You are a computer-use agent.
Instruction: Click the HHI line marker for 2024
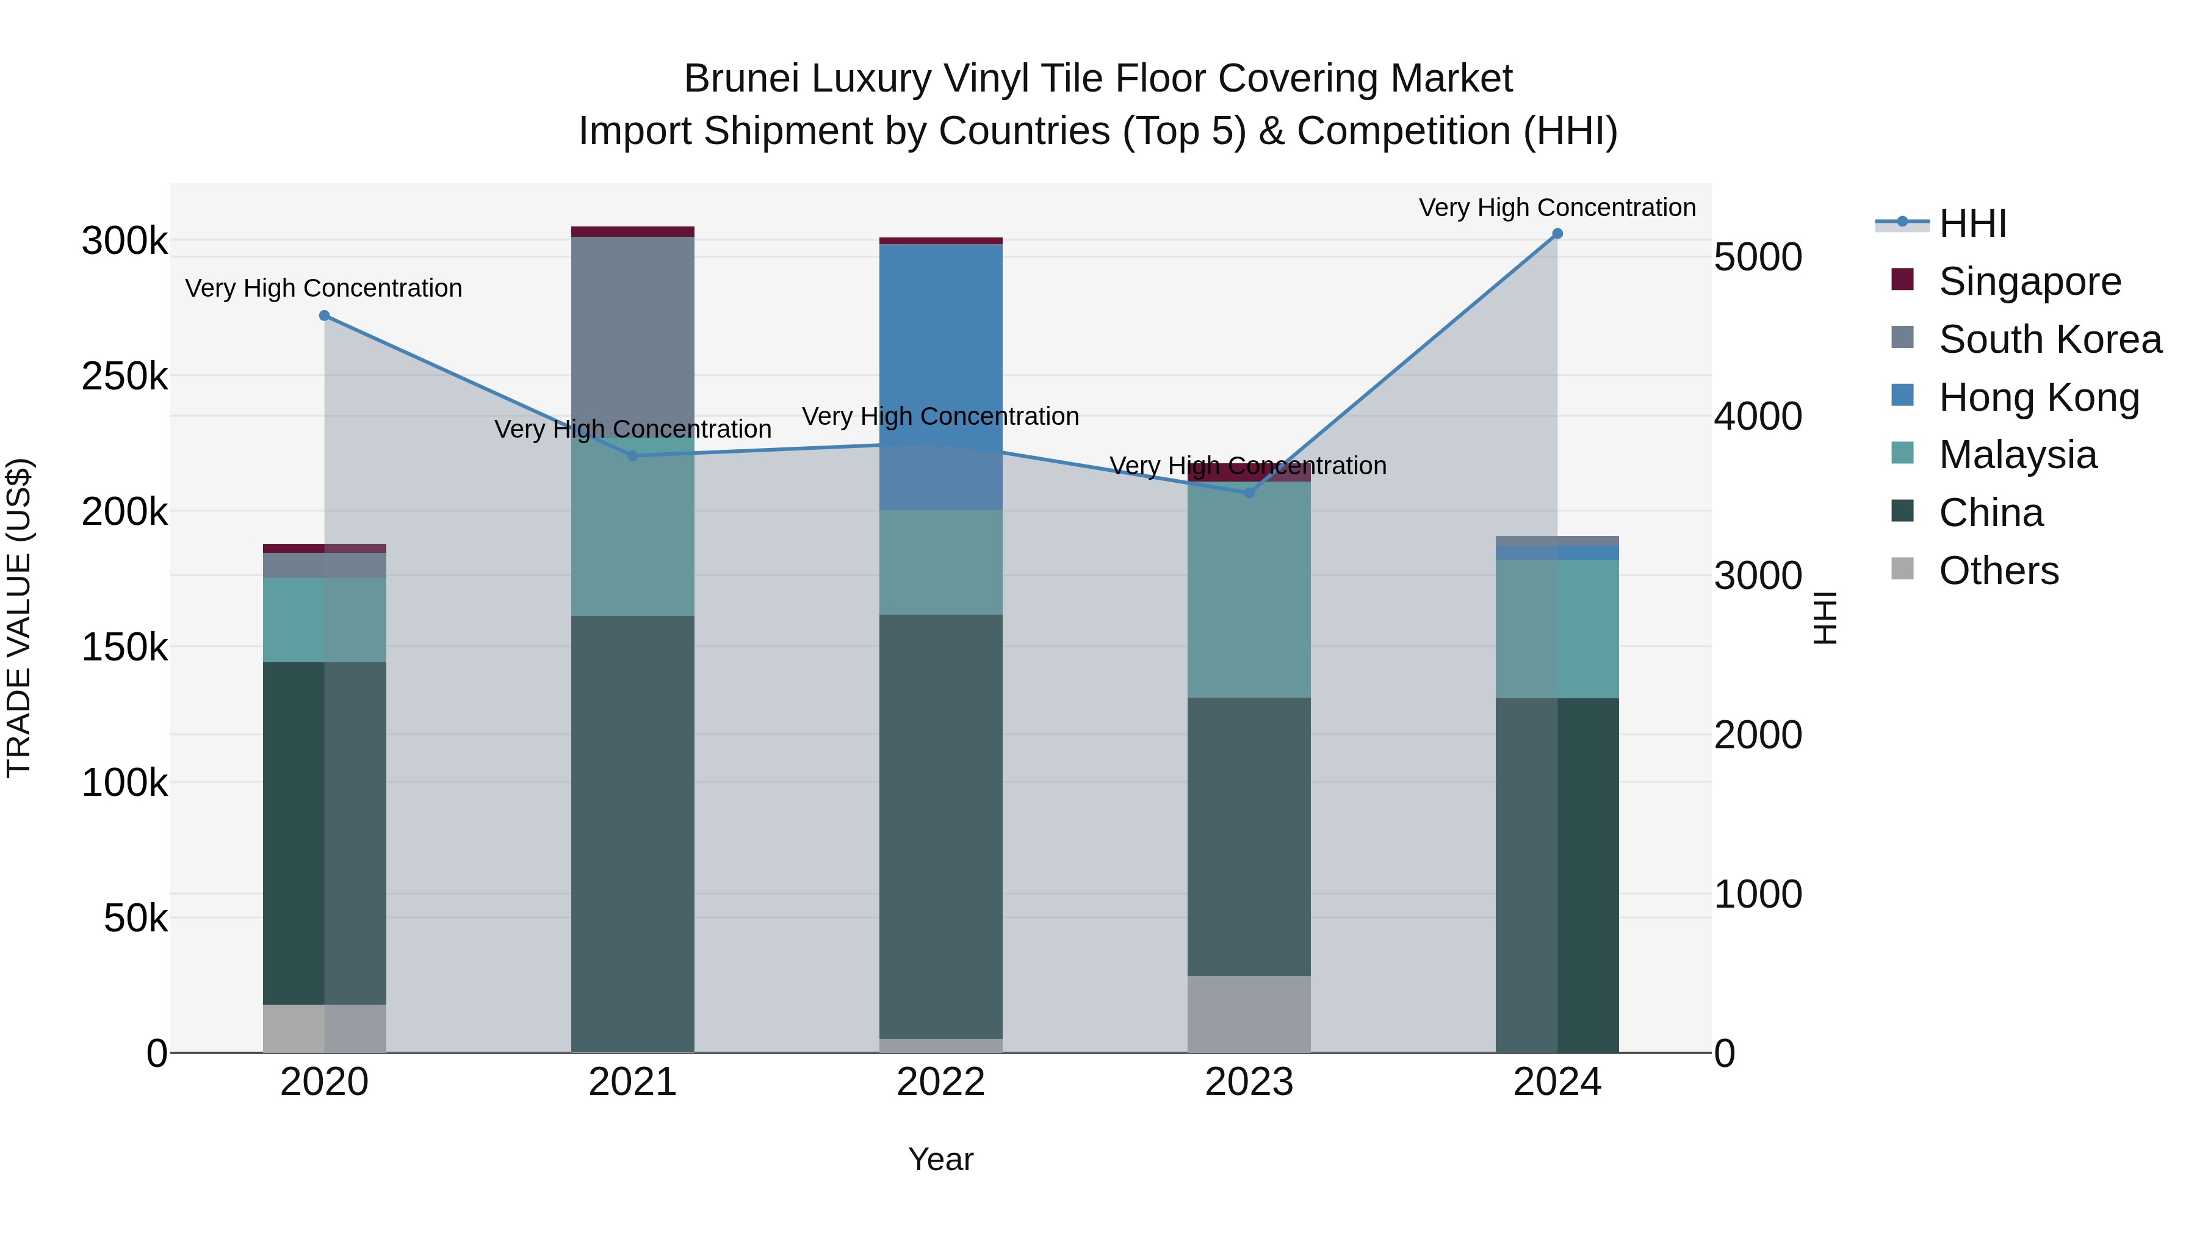tap(1557, 234)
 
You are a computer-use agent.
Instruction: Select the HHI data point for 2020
tap(324, 316)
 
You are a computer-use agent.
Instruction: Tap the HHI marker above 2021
tap(633, 455)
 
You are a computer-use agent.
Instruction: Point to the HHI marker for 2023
tap(1249, 492)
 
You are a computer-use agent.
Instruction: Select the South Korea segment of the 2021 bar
tap(633, 333)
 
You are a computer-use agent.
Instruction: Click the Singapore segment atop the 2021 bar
tap(633, 232)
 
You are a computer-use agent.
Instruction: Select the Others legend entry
tap(1998, 571)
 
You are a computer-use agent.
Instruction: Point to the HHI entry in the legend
tap(1972, 223)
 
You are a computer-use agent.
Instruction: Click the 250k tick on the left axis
tap(124, 376)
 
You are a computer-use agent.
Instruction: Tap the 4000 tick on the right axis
tap(1758, 417)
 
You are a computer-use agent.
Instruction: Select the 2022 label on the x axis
tap(940, 1082)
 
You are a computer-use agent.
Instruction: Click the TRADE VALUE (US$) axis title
tap(19, 618)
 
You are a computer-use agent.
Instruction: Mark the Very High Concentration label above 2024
tap(1557, 208)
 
